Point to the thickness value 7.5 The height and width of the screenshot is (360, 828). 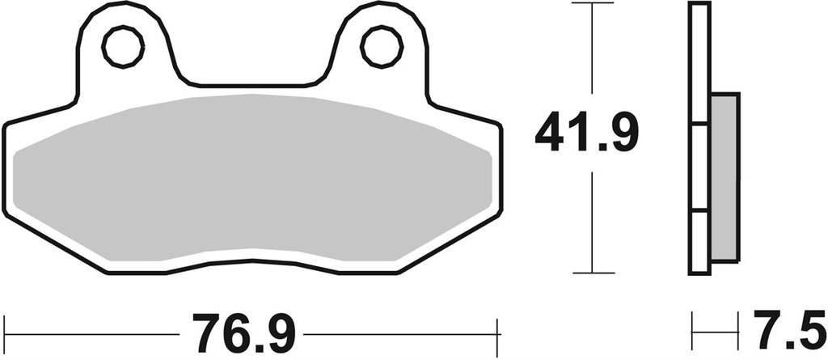(x=791, y=332)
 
